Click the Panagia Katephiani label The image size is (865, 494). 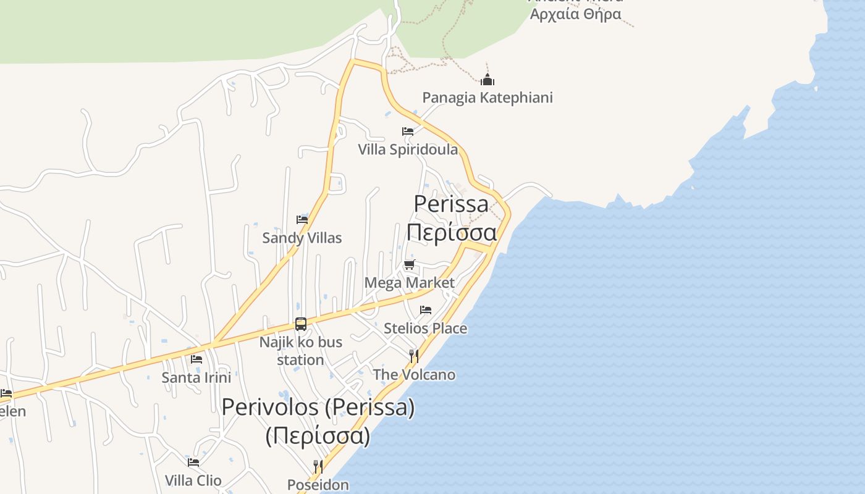coord(487,98)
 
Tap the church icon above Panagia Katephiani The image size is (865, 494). coord(487,80)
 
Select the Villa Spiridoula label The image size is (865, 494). coord(408,149)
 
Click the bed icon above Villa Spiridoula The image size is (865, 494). coord(408,131)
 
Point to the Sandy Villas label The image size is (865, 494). coord(302,238)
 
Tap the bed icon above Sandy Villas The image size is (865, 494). coord(302,219)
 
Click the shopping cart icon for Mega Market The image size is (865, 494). coord(409,265)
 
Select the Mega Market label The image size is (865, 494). coord(410,283)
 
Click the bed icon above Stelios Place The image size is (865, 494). coord(426,310)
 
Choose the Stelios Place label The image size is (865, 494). coord(426,329)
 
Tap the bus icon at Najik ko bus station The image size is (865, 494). coord(301,324)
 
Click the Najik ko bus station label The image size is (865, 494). coord(301,351)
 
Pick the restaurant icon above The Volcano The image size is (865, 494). coord(414,356)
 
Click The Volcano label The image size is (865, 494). coord(414,375)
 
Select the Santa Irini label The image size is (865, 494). coord(196,377)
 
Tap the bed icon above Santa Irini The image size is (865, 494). coord(196,359)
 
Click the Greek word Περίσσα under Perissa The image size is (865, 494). coord(452,233)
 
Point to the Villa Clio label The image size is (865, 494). coord(193,480)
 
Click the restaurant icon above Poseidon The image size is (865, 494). coord(318,466)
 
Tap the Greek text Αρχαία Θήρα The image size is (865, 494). coord(576,14)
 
